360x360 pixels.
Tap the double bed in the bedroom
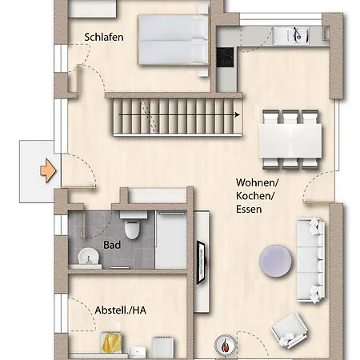tap(173, 42)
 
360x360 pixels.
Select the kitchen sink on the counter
tap(296, 34)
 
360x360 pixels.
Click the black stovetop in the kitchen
tap(225, 58)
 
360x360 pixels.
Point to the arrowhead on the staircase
tap(237, 115)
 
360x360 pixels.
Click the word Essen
tap(250, 209)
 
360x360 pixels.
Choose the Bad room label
tap(112, 246)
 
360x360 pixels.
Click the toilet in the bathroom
tap(134, 226)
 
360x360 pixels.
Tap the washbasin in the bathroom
tap(87, 258)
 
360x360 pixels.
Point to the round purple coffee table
tap(277, 260)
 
